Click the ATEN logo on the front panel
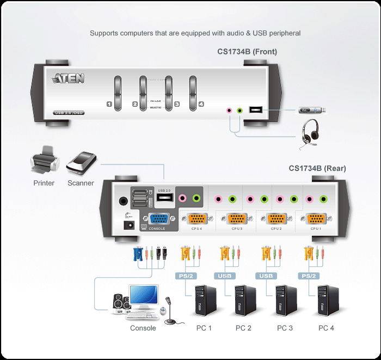point(69,78)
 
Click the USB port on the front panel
point(255,110)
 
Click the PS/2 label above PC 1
point(185,276)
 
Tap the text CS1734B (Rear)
point(317,168)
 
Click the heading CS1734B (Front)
point(247,52)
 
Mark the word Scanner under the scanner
point(81,183)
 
